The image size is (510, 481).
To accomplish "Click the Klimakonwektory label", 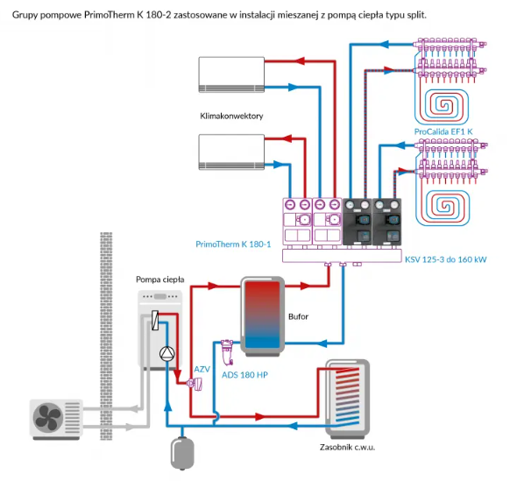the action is click(231, 117).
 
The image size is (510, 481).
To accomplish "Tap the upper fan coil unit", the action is click(231, 74).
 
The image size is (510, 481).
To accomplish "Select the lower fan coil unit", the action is click(231, 152).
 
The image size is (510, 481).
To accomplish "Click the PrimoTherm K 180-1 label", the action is click(233, 244).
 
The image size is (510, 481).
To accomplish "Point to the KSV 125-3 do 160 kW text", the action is click(446, 259).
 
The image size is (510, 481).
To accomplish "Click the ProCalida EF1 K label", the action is click(443, 131).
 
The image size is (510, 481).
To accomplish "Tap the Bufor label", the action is click(298, 316).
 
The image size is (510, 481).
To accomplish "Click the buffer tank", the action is click(262, 316).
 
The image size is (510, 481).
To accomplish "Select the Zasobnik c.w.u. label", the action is click(347, 448).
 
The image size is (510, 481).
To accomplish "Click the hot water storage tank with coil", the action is click(347, 399).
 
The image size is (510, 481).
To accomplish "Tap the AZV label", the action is click(202, 370).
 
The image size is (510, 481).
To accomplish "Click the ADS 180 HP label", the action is click(244, 375).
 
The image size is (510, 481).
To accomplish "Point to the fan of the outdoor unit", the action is click(48, 417).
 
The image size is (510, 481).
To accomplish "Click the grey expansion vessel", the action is click(182, 453).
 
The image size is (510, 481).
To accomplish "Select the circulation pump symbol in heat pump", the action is click(167, 353).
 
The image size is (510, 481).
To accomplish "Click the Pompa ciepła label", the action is click(160, 279).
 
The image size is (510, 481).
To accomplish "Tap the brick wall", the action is click(106, 336).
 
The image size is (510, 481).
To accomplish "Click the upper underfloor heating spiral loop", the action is click(442, 107).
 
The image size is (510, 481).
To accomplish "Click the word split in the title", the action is click(416, 15).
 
